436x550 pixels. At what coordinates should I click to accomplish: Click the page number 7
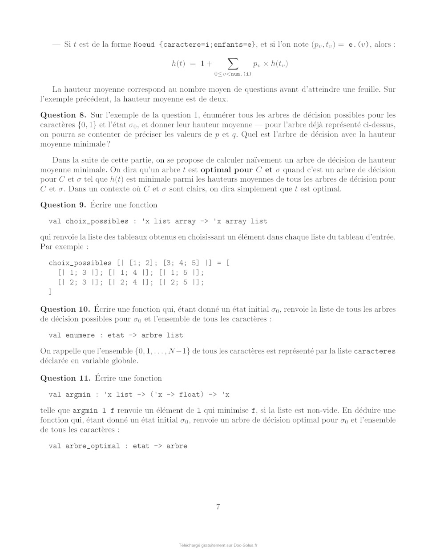[218, 506]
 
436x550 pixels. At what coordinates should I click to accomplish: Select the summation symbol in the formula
[233, 63]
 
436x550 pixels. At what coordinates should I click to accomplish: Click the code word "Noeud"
[144, 45]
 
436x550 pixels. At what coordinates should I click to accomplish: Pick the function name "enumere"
[80, 335]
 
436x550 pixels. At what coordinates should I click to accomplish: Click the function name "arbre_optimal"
[93, 446]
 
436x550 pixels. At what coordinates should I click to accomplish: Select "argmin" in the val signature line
[78, 395]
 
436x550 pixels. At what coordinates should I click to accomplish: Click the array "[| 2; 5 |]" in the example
[182, 282]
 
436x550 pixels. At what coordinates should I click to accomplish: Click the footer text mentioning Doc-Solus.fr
[218, 545]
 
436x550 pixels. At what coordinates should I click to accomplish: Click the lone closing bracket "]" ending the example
[50, 292]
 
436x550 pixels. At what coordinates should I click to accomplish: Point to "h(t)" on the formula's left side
[178, 63]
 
